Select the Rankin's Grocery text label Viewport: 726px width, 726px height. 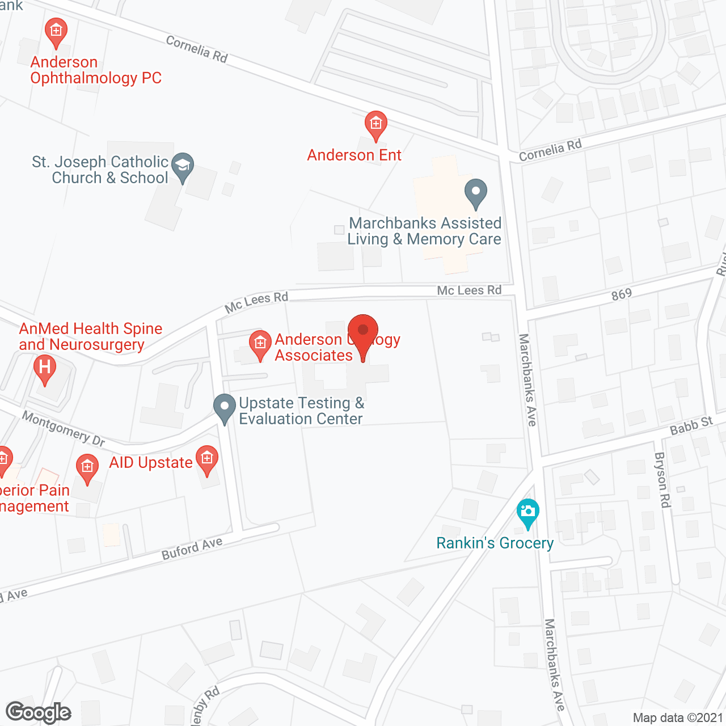[495, 543]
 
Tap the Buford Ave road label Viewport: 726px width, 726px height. [192, 548]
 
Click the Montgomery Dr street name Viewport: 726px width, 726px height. [64, 428]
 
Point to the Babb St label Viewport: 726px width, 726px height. [691, 425]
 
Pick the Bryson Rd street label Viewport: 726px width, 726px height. [662, 479]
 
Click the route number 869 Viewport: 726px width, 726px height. [622, 294]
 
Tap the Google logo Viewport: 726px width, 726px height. [39, 712]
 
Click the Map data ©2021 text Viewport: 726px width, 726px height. [678, 717]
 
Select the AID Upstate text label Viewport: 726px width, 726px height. [151, 462]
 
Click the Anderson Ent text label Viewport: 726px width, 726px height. [354, 155]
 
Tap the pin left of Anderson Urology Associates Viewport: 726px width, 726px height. [260, 344]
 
